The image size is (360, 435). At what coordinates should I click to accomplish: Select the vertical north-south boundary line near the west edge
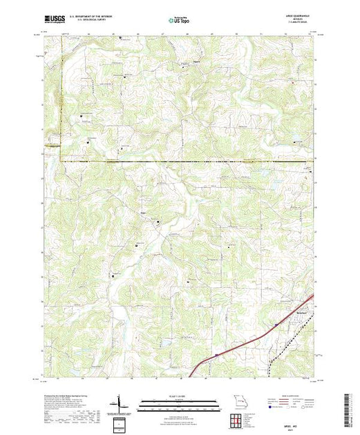point(60,104)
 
